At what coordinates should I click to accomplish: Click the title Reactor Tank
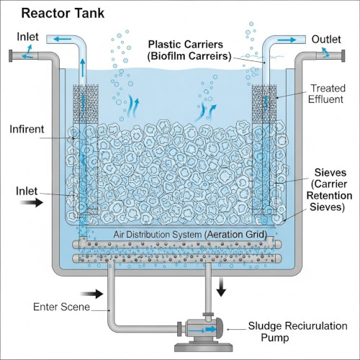click(63, 13)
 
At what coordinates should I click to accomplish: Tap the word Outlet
click(326, 40)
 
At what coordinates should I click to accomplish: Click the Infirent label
click(27, 129)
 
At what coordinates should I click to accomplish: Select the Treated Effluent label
click(327, 94)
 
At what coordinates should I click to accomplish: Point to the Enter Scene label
click(61, 307)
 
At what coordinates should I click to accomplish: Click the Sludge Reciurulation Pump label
click(297, 332)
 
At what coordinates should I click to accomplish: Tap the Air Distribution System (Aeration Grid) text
click(190, 234)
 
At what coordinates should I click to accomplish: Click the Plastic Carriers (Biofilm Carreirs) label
click(189, 50)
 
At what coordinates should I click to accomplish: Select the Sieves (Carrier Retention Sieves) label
click(329, 189)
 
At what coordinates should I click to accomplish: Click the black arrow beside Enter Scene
click(92, 294)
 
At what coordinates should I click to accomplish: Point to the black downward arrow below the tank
click(221, 287)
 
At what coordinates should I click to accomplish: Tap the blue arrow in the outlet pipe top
click(287, 40)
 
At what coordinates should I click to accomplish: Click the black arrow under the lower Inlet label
click(32, 202)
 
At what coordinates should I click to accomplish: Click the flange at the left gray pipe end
click(11, 56)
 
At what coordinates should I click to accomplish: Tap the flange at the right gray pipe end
click(343, 56)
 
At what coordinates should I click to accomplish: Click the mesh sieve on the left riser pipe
click(86, 104)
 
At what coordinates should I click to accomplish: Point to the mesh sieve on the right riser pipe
click(264, 104)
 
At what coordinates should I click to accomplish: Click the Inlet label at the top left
click(27, 37)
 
